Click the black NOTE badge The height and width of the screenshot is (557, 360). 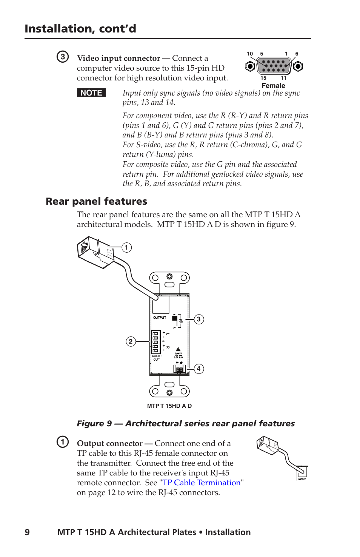(91, 93)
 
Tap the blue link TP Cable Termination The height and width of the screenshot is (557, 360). (202, 483)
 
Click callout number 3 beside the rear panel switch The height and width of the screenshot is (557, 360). (199, 319)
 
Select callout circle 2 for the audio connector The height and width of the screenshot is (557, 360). (131, 341)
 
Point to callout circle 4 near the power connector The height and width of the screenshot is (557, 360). (199, 369)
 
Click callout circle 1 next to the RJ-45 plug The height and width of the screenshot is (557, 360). (126, 247)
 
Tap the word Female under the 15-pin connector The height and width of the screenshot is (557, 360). (273, 86)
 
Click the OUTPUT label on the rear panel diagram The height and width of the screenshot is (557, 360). (160, 318)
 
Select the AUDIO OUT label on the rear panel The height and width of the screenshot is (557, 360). (157, 358)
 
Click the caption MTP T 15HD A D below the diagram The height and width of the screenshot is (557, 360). (169, 406)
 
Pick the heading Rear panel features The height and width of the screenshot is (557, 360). (96, 201)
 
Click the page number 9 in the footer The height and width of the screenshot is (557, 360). (27, 532)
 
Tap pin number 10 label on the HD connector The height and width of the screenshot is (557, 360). (250, 54)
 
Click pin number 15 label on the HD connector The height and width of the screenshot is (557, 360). (263, 78)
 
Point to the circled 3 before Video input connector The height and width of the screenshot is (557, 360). (63, 57)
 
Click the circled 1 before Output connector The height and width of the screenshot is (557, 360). (63, 441)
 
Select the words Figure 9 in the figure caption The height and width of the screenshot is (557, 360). (94, 423)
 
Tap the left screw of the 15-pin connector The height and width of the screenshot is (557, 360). (250, 66)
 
